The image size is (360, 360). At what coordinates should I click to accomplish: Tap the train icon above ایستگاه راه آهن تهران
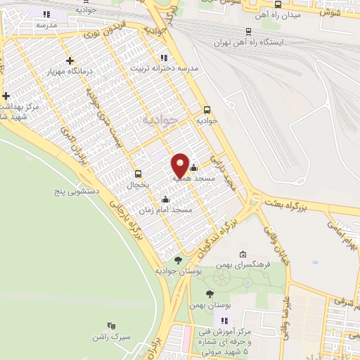pos(248,31)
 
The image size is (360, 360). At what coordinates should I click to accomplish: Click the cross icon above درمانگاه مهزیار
pos(69,61)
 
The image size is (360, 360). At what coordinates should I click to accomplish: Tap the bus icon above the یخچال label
pos(138,174)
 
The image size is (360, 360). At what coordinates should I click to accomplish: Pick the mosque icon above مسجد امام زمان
pos(165,199)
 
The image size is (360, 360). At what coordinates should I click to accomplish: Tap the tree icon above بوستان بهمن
pos(210,294)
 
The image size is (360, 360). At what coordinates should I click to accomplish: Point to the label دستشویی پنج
pos(77,191)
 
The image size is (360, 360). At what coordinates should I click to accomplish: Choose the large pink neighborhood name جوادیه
pos(157,120)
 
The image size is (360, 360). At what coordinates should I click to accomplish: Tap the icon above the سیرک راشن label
pos(110,326)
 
